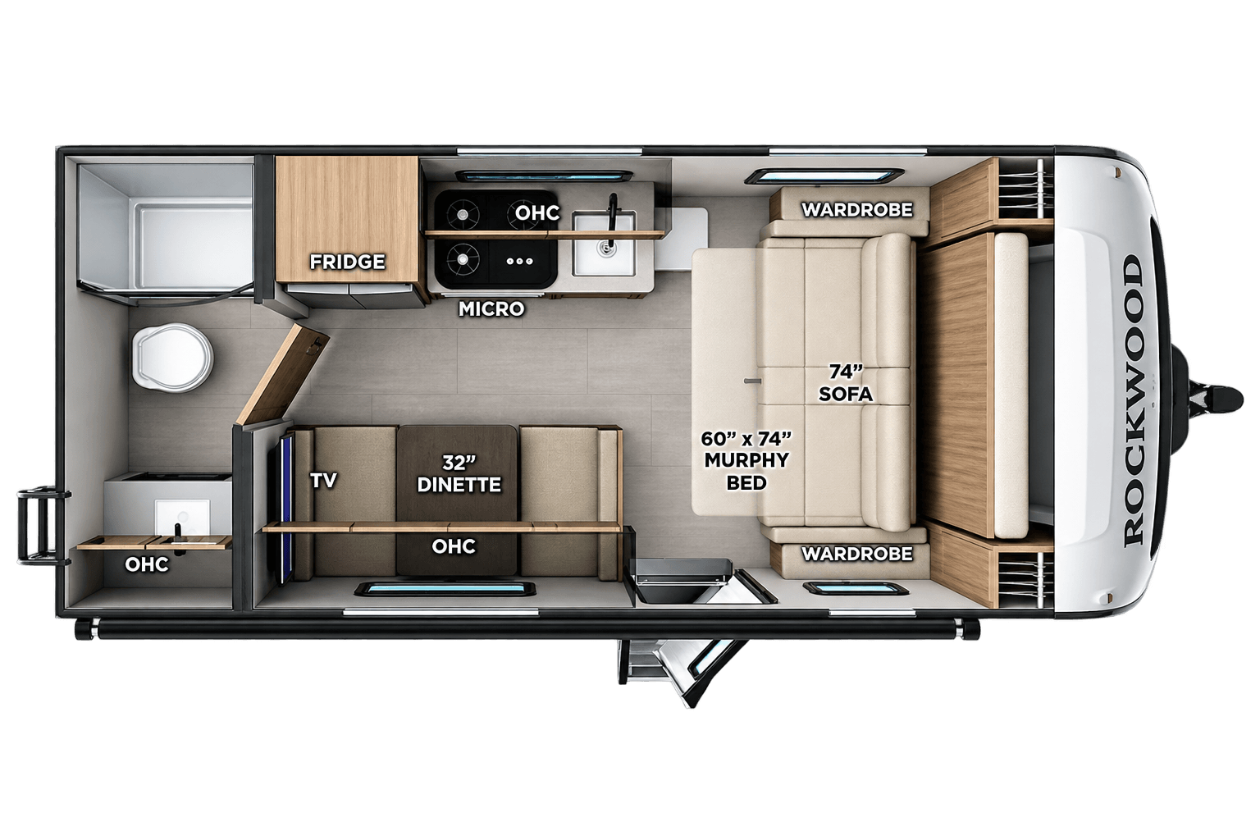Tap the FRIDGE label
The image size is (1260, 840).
pyautogui.click(x=347, y=262)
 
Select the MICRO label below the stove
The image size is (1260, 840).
pyautogui.click(x=491, y=309)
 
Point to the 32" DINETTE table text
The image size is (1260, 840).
pyautogui.click(x=459, y=474)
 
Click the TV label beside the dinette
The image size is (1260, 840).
pyautogui.click(x=323, y=481)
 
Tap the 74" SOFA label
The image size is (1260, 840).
pyautogui.click(x=846, y=383)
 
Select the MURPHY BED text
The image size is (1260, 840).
pyautogui.click(x=746, y=472)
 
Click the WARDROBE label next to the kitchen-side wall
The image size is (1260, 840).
pyautogui.click(x=856, y=210)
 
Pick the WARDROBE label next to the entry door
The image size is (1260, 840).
pyautogui.click(x=856, y=554)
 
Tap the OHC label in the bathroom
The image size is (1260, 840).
pyautogui.click(x=146, y=564)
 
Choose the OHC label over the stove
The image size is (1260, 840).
pyautogui.click(x=538, y=212)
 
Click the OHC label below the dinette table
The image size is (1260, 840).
pyautogui.click(x=454, y=546)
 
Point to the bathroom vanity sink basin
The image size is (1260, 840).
pyautogui.click(x=182, y=516)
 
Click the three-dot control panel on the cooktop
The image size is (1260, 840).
pyautogui.click(x=520, y=261)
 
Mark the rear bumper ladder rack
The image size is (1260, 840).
pyautogui.click(x=40, y=527)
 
